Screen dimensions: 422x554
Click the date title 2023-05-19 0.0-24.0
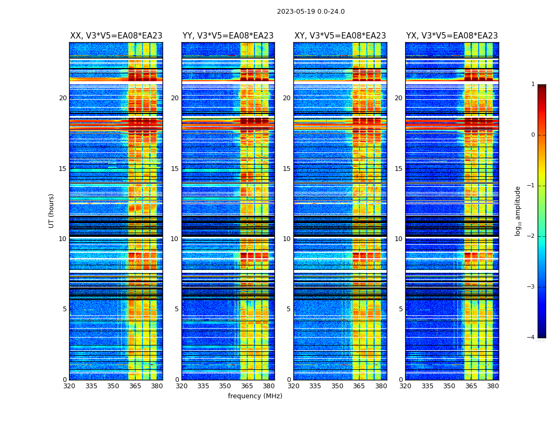(x=311, y=12)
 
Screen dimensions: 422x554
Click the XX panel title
(x=116, y=36)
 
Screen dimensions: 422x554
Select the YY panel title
(x=228, y=36)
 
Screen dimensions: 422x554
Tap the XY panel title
(x=340, y=36)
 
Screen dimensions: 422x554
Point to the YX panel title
(x=452, y=36)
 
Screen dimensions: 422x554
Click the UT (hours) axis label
(x=52, y=210)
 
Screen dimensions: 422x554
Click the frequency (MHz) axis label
(x=255, y=396)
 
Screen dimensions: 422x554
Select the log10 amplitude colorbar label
(x=518, y=210)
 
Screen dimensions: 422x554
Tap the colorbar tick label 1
(x=532, y=84)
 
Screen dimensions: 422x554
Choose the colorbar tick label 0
(x=532, y=135)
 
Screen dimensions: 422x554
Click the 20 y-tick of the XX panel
(x=63, y=98)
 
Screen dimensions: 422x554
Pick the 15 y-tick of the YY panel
(x=175, y=169)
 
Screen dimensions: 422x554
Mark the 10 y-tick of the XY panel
(x=286, y=239)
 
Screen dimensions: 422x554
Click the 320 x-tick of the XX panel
(x=69, y=386)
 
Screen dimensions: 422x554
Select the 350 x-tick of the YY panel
(x=225, y=386)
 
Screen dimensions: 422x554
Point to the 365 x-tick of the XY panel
(x=359, y=386)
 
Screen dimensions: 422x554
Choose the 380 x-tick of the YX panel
(x=493, y=386)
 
